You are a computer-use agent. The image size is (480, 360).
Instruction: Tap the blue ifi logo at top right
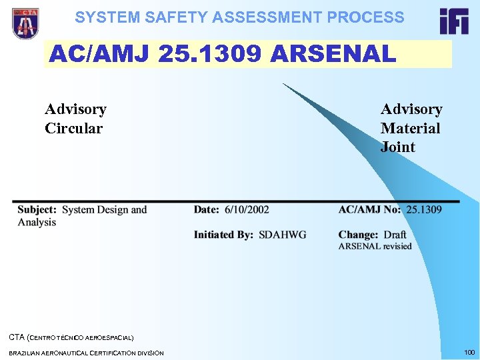tap(454, 21)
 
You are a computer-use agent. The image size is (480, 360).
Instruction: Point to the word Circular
tap(73, 128)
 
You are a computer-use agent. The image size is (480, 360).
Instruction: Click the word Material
tap(410, 128)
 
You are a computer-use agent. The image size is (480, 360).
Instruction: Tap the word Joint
tap(397, 147)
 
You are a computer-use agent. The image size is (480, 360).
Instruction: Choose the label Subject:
tap(37, 210)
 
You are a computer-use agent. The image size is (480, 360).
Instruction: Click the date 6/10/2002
tap(247, 209)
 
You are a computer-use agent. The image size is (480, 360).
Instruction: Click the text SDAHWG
tap(283, 235)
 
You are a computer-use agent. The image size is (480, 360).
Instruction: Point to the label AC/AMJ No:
tap(370, 209)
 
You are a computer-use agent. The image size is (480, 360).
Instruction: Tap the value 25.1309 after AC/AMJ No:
tap(424, 209)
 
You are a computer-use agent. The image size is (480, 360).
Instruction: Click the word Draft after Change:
tap(395, 235)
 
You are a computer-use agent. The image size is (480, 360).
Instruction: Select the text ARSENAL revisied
tap(375, 247)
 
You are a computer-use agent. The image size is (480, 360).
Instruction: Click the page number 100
tap(469, 351)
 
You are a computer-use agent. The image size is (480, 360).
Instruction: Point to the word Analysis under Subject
tap(37, 222)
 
